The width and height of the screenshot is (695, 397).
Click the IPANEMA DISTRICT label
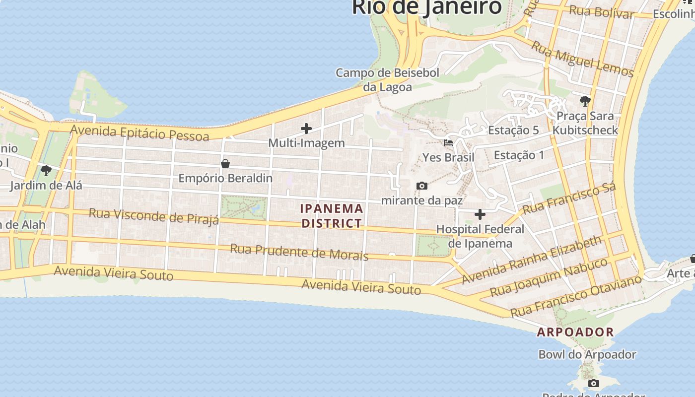(x=332, y=216)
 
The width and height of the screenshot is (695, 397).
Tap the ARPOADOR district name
(x=575, y=332)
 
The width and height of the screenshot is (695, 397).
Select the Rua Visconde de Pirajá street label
(x=154, y=216)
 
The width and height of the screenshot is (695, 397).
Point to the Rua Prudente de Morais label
(x=299, y=252)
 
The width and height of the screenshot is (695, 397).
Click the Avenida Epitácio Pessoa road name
(x=139, y=133)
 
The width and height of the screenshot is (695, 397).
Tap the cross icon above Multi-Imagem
(x=306, y=129)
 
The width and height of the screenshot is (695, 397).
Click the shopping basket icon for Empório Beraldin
(x=225, y=163)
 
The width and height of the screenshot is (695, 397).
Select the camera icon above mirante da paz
(x=422, y=186)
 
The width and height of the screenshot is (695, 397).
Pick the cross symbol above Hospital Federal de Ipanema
(x=480, y=214)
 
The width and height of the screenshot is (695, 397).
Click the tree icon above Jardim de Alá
(x=46, y=171)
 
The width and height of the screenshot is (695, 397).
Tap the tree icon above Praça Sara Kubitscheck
(x=585, y=101)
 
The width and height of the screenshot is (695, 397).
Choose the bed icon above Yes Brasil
(x=448, y=143)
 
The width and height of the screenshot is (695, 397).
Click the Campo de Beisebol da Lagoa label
(x=388, y=79)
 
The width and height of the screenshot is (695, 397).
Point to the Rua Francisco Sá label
(x=569, y=198)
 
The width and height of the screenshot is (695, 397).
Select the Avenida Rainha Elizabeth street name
(x=531, y=260)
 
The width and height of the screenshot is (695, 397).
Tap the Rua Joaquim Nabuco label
(x=549, y=277)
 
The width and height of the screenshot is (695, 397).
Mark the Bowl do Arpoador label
(x=587, y=354)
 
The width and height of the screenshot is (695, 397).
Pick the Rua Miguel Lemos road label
(x=583, y=60)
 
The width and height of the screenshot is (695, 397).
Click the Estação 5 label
(x=513, y=130)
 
